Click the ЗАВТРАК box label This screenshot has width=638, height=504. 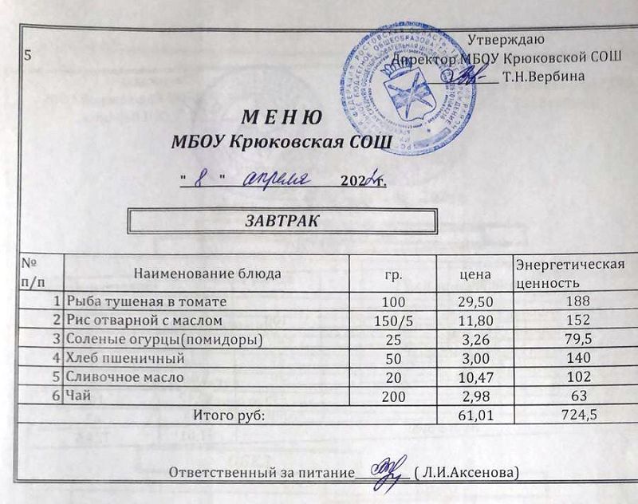pos(282,221)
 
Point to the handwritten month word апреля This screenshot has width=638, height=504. pos(274,177)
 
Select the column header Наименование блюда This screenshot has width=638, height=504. pos(207,274)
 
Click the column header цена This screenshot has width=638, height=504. pos(475,274)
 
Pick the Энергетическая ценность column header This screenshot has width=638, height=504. pos(569,274)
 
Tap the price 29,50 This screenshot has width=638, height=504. pos(475,301)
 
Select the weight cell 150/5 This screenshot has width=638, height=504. pos(392,321)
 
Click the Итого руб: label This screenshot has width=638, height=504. pos(228,415)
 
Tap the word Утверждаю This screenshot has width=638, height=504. pos(506,39)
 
